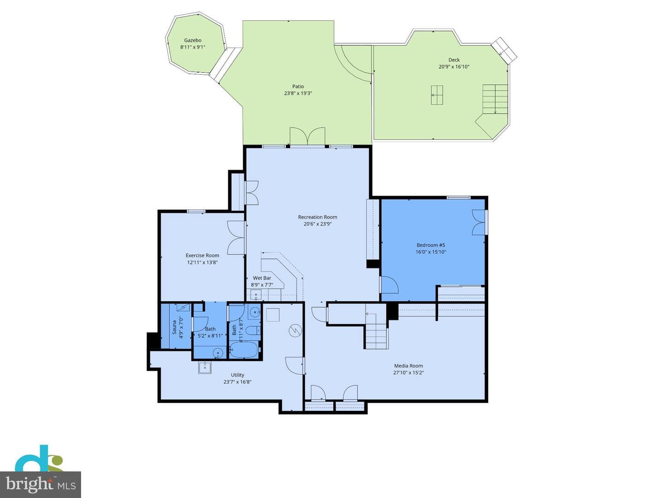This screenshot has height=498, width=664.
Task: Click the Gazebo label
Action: coord(193,40)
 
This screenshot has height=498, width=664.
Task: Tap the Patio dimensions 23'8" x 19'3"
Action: coord(298,93)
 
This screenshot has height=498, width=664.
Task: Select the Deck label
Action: coord(454,60)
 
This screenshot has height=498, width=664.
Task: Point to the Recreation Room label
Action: coord(317,217)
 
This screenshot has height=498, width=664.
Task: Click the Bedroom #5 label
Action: coord(431,245)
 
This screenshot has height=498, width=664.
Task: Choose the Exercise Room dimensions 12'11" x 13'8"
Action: coord(202,262)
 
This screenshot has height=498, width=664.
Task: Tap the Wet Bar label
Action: coord(262,278)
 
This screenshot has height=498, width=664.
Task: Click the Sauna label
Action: coord(174,327)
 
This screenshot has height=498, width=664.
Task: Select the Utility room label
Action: coord(237,375)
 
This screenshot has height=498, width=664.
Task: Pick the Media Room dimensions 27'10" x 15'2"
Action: coord(409,373)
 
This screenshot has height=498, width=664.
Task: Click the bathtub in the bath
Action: coord(244,350)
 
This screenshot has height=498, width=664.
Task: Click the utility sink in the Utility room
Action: coord(205,368)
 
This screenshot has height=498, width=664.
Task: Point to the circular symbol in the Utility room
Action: coord(295,331)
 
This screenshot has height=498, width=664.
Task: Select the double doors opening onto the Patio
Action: coord(308,136)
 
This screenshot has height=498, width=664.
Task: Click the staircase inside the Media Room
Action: coord(376,332)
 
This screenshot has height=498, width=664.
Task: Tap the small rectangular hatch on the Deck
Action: coord(437,95)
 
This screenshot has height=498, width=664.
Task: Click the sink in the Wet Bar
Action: coord(256,295)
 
